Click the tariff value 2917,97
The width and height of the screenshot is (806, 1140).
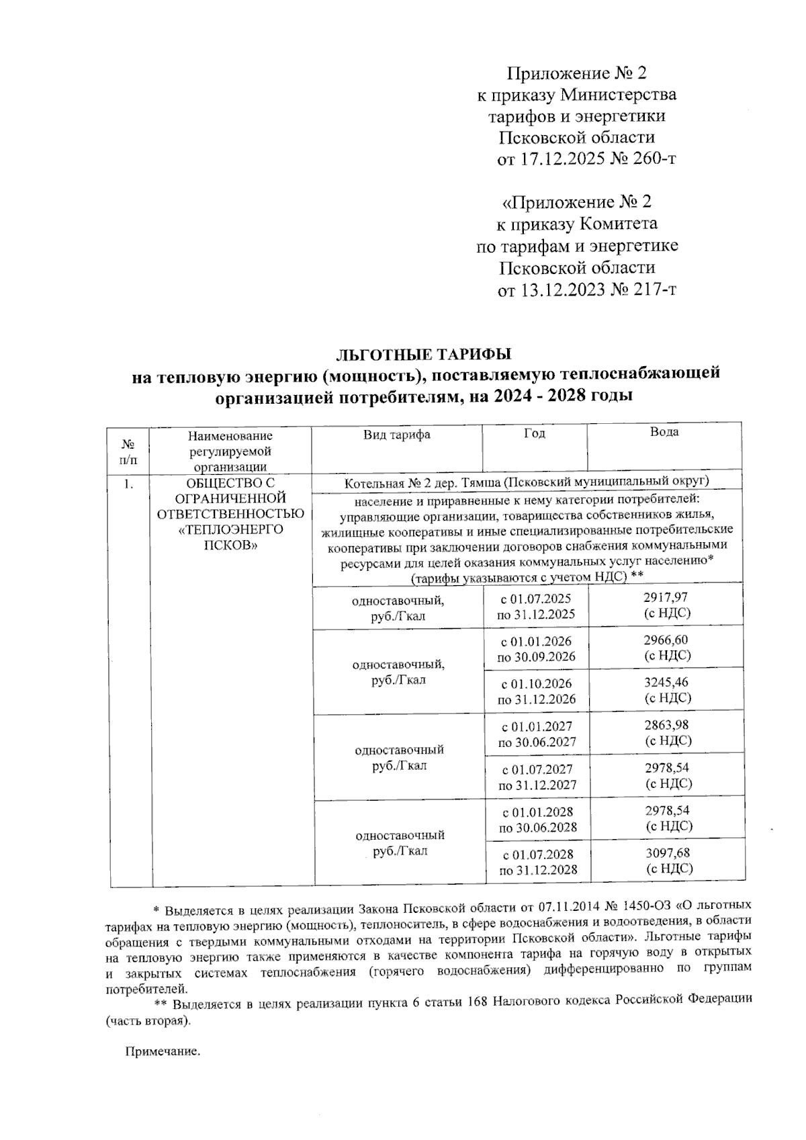(666, 597)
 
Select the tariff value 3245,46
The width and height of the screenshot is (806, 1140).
(666, 683)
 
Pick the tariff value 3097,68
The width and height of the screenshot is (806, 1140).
(668, 853)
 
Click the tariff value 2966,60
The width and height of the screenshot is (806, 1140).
(666, 640)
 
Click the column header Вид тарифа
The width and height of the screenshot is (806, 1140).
(396, 435)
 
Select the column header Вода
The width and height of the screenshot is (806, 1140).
(664, 432)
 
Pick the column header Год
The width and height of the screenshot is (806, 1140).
(535, 433)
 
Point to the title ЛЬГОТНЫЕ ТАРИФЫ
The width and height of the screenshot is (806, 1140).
(424, 353)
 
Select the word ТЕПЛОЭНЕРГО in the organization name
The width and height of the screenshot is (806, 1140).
(230, 529)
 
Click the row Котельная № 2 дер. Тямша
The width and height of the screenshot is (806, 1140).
(527, 482)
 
